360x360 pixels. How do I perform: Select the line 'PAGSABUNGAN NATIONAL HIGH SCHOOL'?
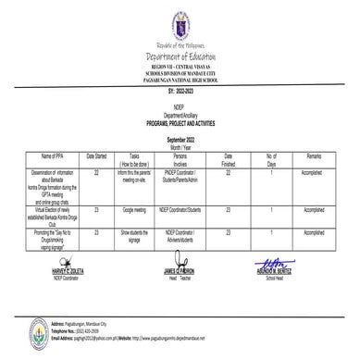(x=180, y=82)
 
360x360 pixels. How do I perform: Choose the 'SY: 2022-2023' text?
(x=180, y=93)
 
